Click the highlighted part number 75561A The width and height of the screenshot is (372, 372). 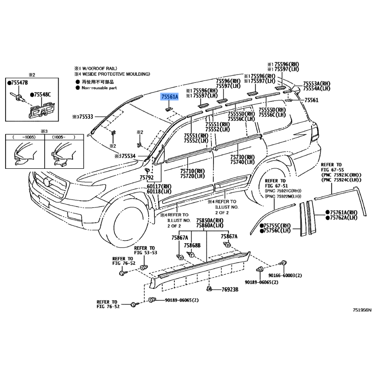(169, 97)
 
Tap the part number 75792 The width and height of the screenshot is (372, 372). (146, 178)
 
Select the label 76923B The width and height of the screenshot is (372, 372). (230, 289)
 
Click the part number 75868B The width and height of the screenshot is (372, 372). (192, 246)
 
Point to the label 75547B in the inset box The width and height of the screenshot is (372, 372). (17, 83)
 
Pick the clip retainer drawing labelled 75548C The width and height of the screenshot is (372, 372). (42, 109)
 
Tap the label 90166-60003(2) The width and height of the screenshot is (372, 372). (285, 275)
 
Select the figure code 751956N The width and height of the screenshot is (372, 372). (362, 310)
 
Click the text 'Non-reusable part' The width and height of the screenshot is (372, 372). (99, 88)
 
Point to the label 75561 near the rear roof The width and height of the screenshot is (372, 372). (311, 100)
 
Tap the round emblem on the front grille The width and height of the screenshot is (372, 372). (47, 182)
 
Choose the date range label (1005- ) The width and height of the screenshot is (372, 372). (64, 137)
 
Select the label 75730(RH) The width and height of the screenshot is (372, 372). (242, 157)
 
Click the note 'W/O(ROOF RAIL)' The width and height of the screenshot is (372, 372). (100, 68)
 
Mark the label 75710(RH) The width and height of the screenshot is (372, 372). (193, 171)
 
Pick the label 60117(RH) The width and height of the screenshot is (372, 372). (159, 186)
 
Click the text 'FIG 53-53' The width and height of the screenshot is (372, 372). (146, 252)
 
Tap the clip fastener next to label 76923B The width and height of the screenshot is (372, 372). (209, 289)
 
